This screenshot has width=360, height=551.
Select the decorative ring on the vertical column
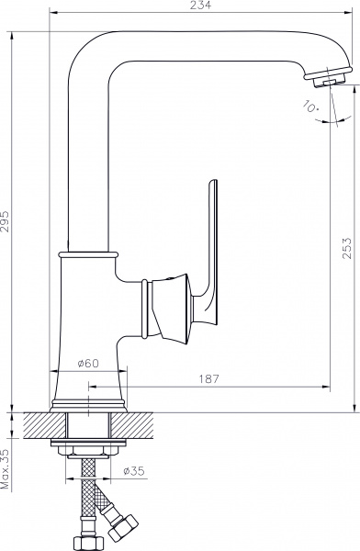click(88, 250)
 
